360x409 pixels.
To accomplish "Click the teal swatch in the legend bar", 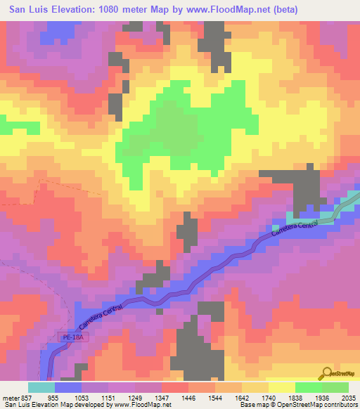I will (x=41, y=387).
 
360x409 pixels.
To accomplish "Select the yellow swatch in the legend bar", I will (x=281, y=387).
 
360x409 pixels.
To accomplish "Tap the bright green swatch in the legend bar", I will (x=308, y=387).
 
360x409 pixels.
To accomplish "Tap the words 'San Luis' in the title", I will (x=27, y=10).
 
